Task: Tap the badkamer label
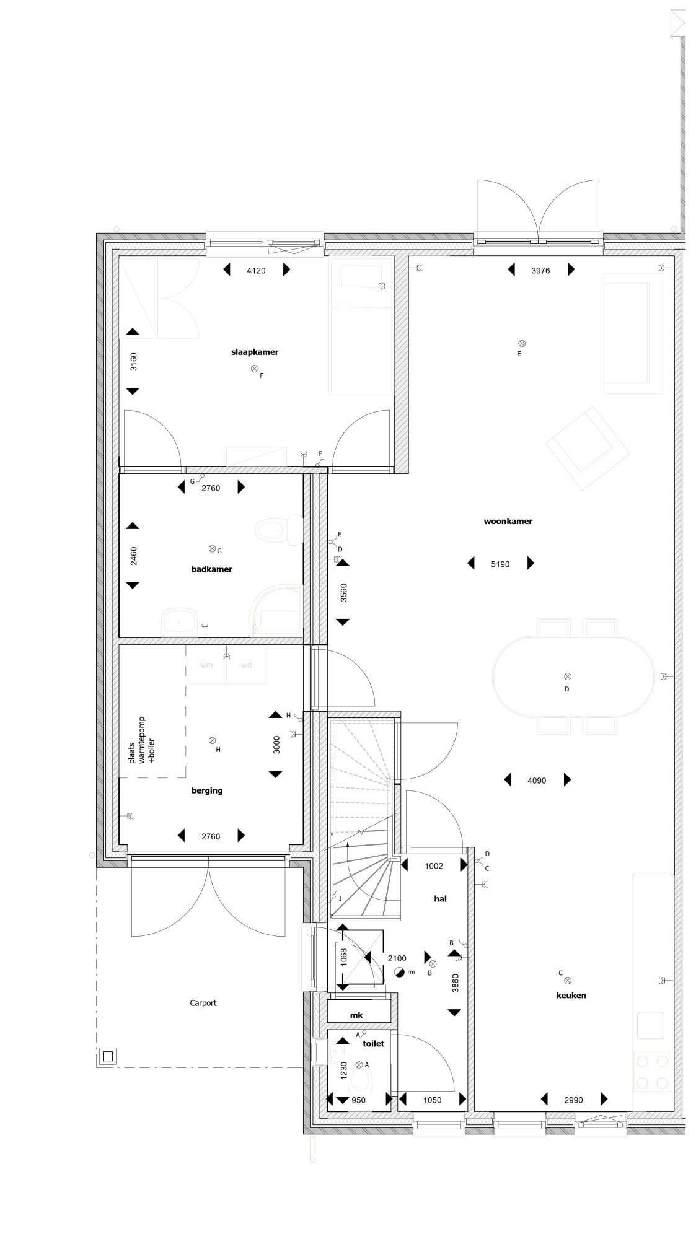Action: click(212, 569)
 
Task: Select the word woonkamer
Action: click(508, 522)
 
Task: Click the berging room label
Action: click(207, 790)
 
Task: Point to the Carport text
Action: click(203, 1003)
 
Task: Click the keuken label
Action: click(571, 996)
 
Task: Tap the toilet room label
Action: click(374, 1043)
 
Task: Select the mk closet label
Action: click(356, 1015)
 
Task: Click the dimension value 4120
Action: click(256, 271)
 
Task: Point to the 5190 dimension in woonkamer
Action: click(500, 564)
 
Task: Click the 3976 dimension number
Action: click(540, 271)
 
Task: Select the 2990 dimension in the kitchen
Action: click(573, 1100)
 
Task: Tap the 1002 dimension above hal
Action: click(434, 866)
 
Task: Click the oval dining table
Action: click(573, 676)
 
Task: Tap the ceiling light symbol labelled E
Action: click(522, 343)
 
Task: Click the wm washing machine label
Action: click(206, 665)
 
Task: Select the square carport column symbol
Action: click(108, 1056)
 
